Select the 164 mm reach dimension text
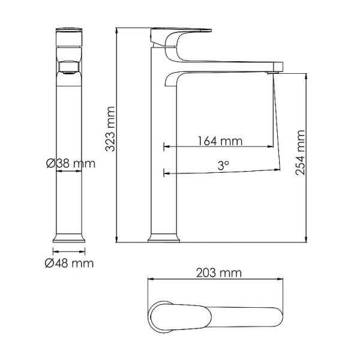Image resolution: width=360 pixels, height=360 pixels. pyautogui.click(x=220, y=142)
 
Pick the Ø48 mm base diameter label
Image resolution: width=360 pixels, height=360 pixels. pyautogui.click(x=70, y=263)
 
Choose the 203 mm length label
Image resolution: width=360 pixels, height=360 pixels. pyautogui.click(x=218, y=273)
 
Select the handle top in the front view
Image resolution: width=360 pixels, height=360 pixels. pyautogui.click(x=70, y=34)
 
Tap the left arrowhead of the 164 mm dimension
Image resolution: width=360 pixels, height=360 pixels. pyautogui.click(x=166, y=146)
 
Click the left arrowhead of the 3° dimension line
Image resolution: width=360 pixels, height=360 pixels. pyautogui.click(x=166, y=174)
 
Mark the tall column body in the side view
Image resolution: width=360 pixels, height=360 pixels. pyautogui.click(x=163, y=150)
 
